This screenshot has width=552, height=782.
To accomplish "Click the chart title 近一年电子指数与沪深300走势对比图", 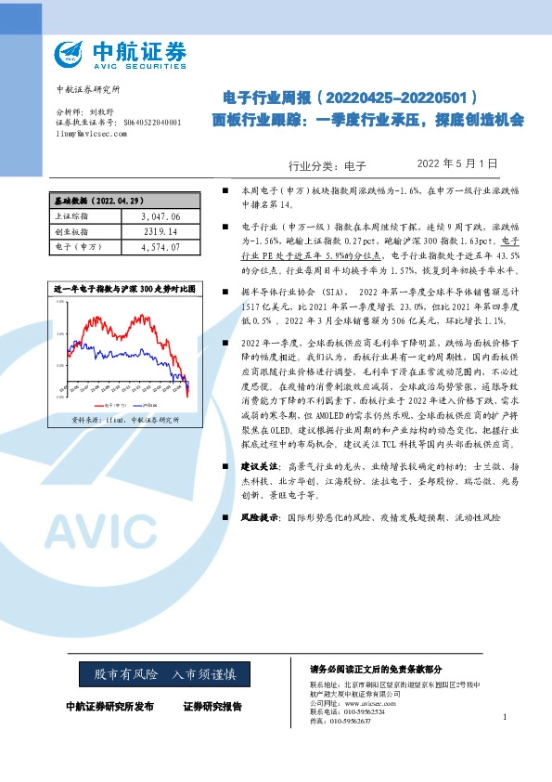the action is point(124,290).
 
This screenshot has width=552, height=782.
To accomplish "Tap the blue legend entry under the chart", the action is point(144,406).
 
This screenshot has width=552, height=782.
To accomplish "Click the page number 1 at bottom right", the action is point(504,716).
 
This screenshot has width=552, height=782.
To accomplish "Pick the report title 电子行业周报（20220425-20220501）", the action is point(351,98).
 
